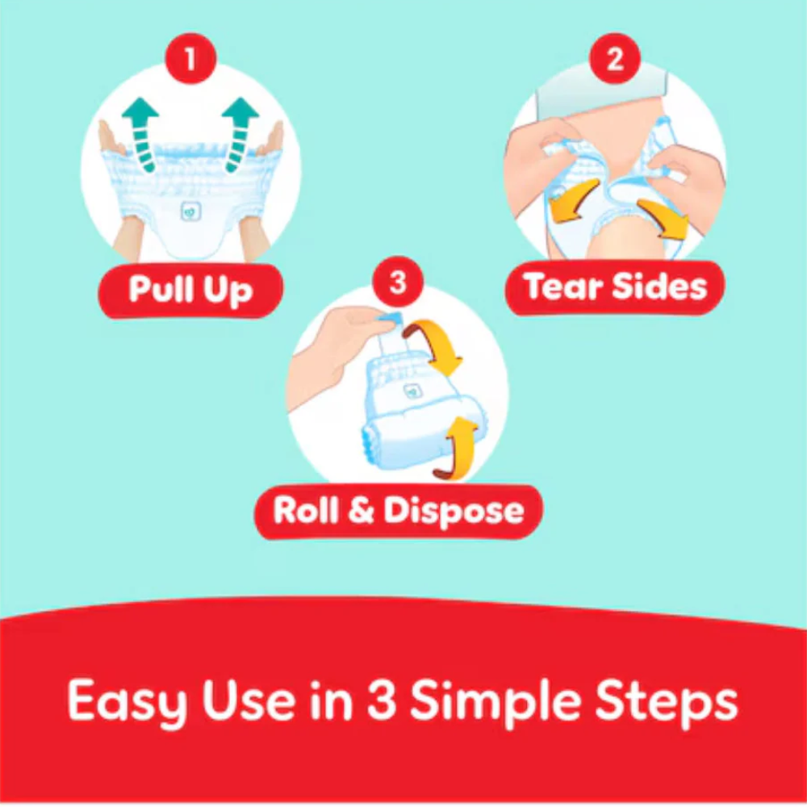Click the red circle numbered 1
coord(190,59)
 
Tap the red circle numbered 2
coord(614,59)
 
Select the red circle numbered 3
coord(398,282)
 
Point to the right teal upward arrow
coord(240,134)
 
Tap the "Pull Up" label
coord(190,291)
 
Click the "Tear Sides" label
coord(615,287)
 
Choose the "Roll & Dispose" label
coord(399,511)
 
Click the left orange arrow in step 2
coord(572,201)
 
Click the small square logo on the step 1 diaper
coord(190,211)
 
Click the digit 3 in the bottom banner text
coord(382,700)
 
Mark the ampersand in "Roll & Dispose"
coord(360,512)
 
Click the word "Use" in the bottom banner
coord(249,700)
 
